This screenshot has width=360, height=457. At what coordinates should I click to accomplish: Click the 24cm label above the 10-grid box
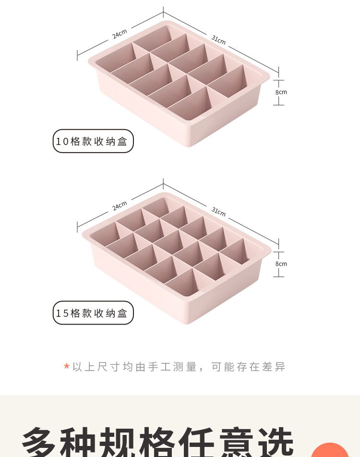[120, 34]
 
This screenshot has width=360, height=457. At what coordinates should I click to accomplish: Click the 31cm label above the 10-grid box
[218, 40]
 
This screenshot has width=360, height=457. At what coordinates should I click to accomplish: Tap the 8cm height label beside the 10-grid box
[281, 92]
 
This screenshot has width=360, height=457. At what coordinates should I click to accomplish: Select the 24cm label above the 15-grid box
[120, 206]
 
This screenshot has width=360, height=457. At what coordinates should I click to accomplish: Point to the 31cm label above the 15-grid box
[218, 212]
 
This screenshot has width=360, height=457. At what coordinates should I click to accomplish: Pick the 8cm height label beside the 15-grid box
[281, 264]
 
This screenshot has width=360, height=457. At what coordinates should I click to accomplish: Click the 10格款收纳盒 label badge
[93, 141]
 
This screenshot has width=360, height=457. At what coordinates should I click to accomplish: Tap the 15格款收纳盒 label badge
[93, 313]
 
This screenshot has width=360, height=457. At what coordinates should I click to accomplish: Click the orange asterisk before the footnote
[67, 367]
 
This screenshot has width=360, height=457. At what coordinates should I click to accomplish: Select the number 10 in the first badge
[62, 142]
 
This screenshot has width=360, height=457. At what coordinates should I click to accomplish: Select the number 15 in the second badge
[62, 313]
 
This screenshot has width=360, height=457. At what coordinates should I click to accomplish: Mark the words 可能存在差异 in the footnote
[248, 367]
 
